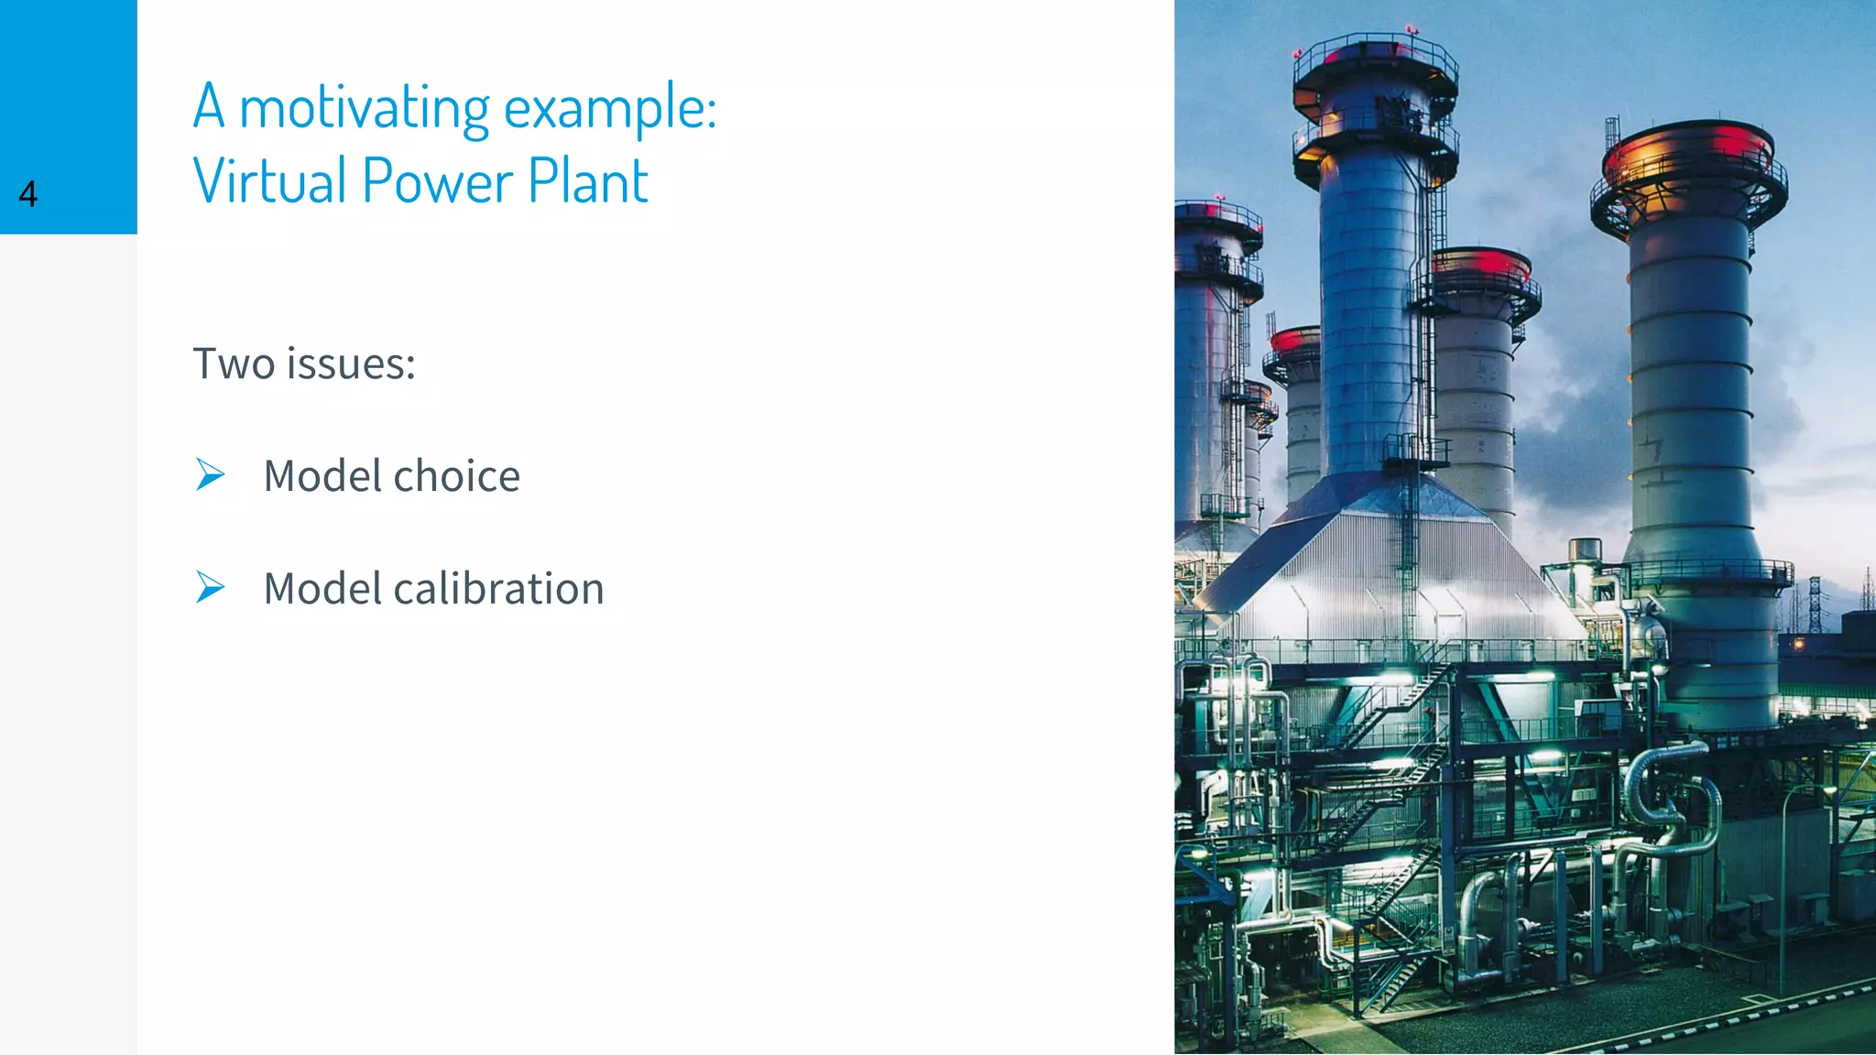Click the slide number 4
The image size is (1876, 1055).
pos(28,194)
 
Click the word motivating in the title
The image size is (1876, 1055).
pos(365,108)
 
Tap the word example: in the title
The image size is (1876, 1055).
pos(610,108)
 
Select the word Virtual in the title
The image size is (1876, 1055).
pos(269,180)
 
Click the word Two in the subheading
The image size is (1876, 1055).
pos(234,364)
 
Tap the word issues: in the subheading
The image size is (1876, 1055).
pos(352,364)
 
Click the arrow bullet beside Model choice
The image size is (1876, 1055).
pos(210,474)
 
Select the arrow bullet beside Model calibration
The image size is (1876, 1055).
pos(210,587)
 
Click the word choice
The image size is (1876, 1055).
pos(456,476)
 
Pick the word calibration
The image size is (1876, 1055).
pos(498,589)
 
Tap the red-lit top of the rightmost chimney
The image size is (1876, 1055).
pos(1688,147)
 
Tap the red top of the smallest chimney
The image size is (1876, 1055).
pos(1294,339)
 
